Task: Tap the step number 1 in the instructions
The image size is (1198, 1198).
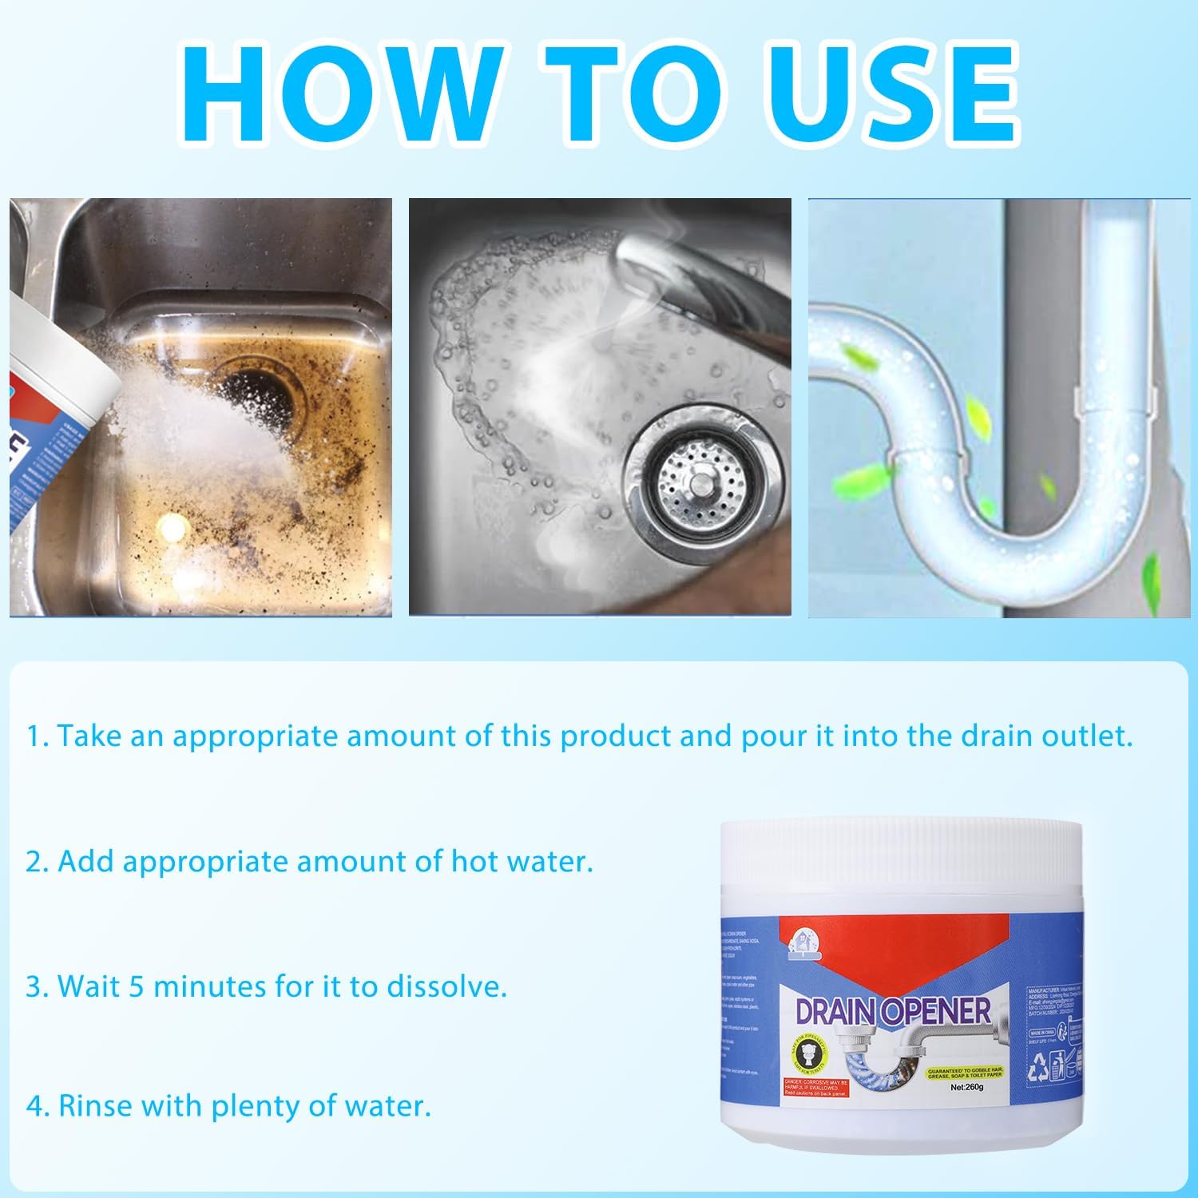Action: click(x=35, y=736)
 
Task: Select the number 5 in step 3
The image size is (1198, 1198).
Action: click(x=137, y=987)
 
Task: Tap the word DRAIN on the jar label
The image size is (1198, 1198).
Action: click(x=837, y=1012)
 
